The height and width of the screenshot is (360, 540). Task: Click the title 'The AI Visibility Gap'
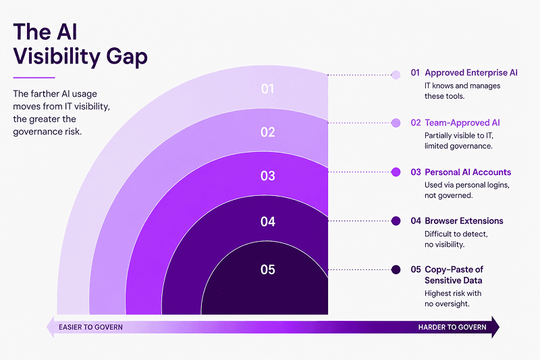point(80,45)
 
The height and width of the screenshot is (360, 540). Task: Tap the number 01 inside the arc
point(267,89)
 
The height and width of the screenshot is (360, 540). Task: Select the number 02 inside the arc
point(267,132)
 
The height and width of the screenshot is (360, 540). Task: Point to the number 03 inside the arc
point(267,176)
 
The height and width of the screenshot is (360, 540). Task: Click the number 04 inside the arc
point(267,222)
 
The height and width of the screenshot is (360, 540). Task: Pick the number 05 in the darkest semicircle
point(267,269)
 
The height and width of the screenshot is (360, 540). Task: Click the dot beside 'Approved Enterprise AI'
point(396,75)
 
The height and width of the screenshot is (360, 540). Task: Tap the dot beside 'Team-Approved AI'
point(396,123)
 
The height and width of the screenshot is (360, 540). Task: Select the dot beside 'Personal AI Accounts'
point(396,172)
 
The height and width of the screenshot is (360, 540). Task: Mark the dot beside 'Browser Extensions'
point(396,221)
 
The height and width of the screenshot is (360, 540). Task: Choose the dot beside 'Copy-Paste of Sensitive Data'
point(396,269)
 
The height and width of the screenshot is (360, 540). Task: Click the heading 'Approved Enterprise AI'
point(471,73)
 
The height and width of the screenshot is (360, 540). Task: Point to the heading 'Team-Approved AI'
point(462,123)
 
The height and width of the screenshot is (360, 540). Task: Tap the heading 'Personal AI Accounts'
point(468,172)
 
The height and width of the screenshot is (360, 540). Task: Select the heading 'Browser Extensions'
point(464,221)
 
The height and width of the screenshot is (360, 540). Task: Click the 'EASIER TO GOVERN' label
point(90,327)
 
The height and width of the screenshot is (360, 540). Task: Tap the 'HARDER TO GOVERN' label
point(452,327)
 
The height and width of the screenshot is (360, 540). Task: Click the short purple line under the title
point(34,78)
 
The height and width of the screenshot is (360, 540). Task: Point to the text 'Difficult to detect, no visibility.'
point(456,239)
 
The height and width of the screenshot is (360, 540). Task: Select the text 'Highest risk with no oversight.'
point(453,299)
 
